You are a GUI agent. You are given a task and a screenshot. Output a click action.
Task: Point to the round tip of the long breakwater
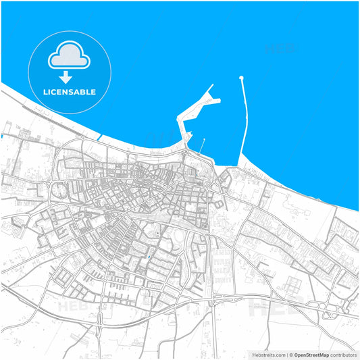[x=241, y=78]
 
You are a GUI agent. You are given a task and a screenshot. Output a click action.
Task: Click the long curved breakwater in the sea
[x=245, y=122]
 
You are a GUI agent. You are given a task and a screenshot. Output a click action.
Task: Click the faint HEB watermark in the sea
[x=278, y=49]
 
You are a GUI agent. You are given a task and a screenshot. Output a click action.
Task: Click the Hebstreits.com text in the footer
[x=267, y=354]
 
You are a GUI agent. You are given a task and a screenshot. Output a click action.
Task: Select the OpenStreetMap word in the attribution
[x=311, y=354]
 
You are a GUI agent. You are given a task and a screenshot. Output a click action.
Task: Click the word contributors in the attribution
[x=343, y=354]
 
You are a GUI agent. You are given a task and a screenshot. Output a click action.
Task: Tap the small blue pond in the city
[x=147, y=257]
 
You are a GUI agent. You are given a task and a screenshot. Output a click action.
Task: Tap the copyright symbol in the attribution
[x=290, y=354]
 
